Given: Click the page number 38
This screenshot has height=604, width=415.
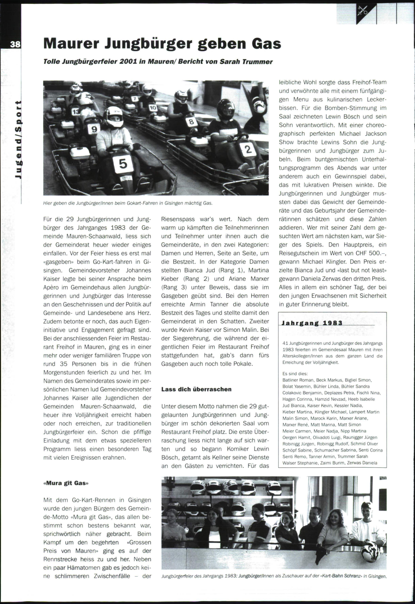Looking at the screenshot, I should click(x=15, y=44).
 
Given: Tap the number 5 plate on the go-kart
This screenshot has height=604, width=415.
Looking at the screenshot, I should click(x=124, y=163).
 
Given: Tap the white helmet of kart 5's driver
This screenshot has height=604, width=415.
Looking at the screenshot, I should click(x=113, y=116).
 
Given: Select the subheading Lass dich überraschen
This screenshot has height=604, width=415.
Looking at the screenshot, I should click(x=196, y=389).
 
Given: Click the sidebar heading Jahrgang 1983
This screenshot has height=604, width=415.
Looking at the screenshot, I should click(x=312, y=323).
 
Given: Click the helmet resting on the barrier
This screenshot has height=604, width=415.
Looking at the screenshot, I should click(x=370, y=551).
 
